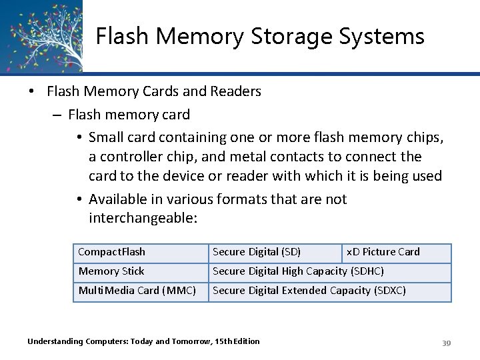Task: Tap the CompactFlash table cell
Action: click(112, 252)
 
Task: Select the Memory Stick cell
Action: click(111, 271)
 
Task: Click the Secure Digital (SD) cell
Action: click(257, 252)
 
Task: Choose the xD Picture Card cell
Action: click(383, 252)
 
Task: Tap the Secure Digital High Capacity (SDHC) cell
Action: click(298, 271)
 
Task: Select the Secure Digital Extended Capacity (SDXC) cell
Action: click(309, 291)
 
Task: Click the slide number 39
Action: click(447, 343)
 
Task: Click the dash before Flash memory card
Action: click(56, 115)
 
